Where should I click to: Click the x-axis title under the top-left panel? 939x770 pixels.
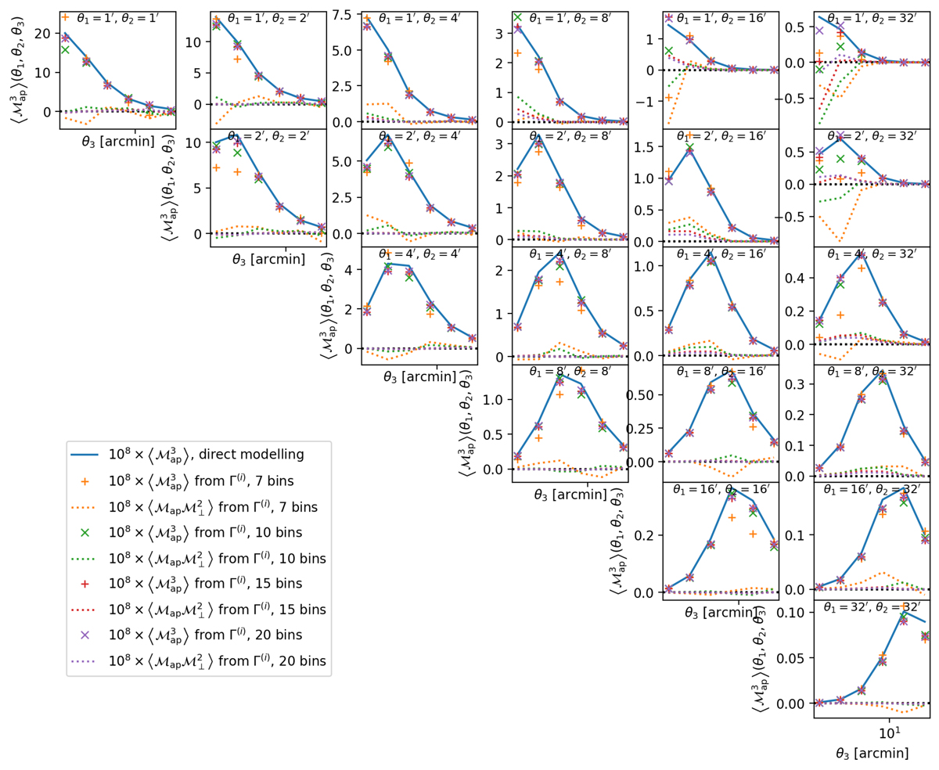coord(117,142)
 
